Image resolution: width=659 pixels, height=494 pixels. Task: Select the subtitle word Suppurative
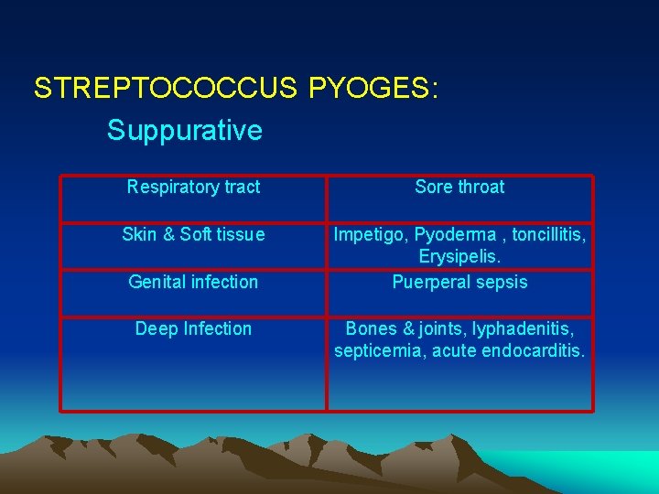click(184, 130)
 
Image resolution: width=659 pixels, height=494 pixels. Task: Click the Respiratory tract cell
click(193, 188)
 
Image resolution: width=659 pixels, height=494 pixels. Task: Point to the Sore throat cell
click(459, 188)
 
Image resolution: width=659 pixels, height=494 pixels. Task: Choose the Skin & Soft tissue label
click(193, 235)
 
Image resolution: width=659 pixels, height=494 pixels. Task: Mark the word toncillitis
click(548, 235)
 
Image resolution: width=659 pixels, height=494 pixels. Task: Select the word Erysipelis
click(459, 258)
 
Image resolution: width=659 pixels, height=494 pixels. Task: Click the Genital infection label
click(193, 282)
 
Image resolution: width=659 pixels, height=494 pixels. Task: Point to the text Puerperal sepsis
click(459, 282)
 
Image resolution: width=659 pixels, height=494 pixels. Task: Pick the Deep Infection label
click(193, 328)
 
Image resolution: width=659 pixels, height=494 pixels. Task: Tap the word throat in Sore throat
click(481, 188)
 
